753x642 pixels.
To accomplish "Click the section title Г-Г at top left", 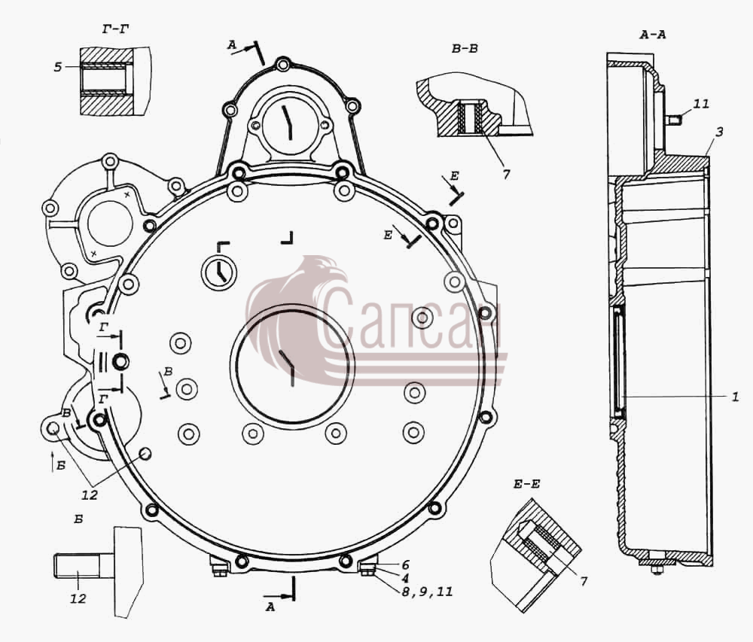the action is pos(115,30).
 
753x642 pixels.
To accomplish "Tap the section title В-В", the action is pos(465,48).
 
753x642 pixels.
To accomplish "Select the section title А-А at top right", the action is pos(653,34).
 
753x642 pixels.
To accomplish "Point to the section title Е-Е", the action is pos(527,484).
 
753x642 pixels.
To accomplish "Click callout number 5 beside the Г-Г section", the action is pos(58,67).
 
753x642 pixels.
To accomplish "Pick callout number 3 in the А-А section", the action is pos(719,132).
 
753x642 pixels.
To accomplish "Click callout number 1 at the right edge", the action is pos(735,397).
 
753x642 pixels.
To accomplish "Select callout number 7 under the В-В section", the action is pos(506,175).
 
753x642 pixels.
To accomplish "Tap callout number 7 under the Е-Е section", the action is pos(584,581).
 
